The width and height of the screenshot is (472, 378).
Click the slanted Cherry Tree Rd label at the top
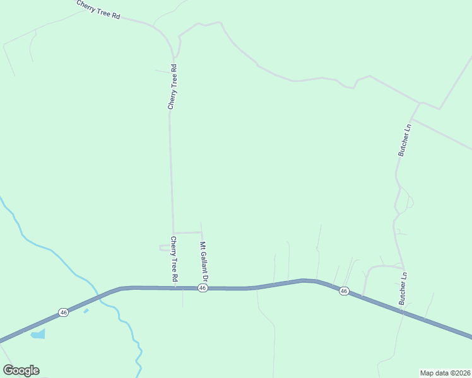(x=98, y=9)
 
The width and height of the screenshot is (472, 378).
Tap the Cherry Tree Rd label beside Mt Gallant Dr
(x=174, y=259)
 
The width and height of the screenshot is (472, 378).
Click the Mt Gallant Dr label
(x=204, y=260)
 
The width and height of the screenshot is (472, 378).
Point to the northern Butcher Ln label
(x=404, y=139)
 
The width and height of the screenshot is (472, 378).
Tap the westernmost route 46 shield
(x=63, y=312)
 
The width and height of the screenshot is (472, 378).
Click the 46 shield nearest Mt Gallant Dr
(x=202, y=288)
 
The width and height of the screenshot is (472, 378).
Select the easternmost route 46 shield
(x=343, y=290)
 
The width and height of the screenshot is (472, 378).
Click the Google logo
(x=21, y=370)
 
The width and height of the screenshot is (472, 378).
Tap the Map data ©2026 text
(x=445, y=372)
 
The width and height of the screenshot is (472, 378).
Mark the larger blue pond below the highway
(x=38, y=333)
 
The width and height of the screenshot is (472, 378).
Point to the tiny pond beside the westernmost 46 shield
(x=86, y=310)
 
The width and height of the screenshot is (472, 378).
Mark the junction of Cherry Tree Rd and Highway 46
(x=174, y=288)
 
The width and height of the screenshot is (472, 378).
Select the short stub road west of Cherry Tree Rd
(x=165, y=248)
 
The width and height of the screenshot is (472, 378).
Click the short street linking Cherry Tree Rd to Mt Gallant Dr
(x=187, y=232)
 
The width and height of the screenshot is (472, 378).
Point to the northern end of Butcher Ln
(x=420, y=102)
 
